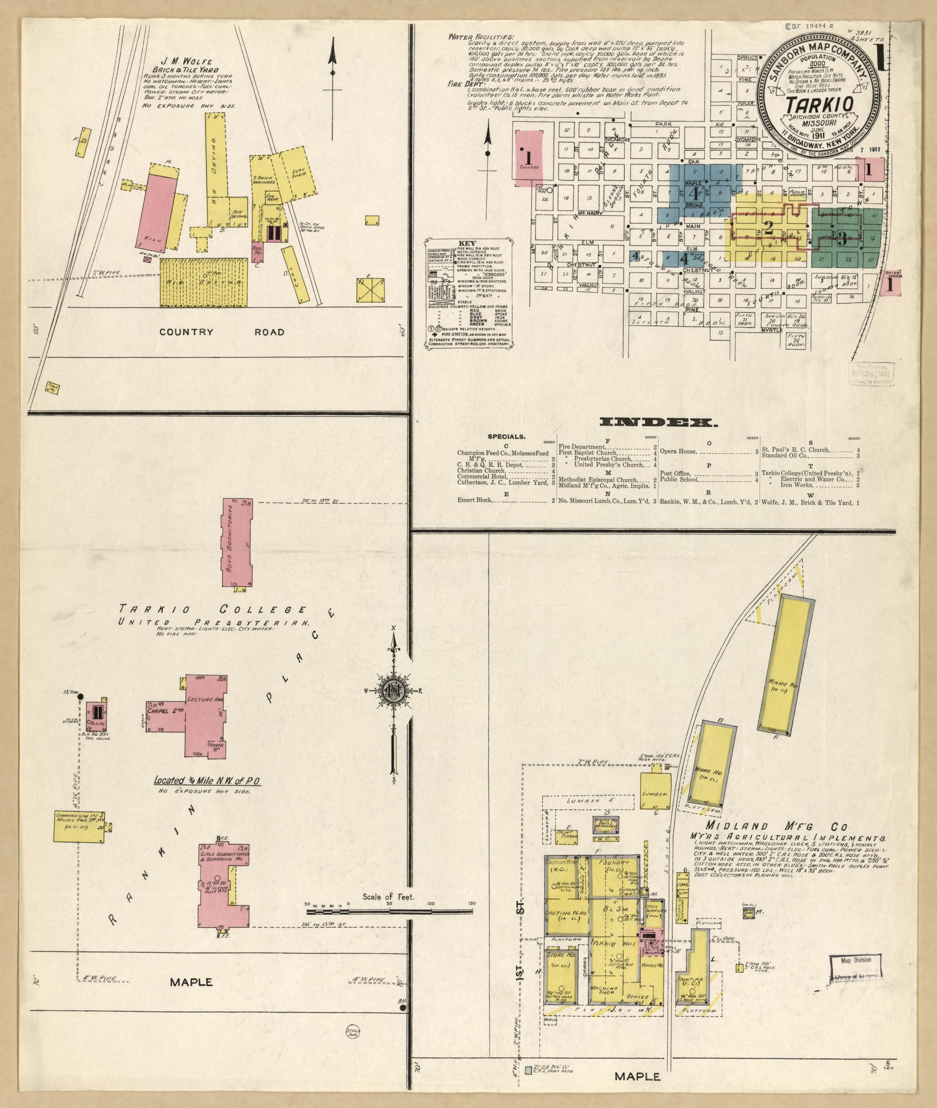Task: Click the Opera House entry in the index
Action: coord(677,451)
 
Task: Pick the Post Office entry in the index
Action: coord(675,473)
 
